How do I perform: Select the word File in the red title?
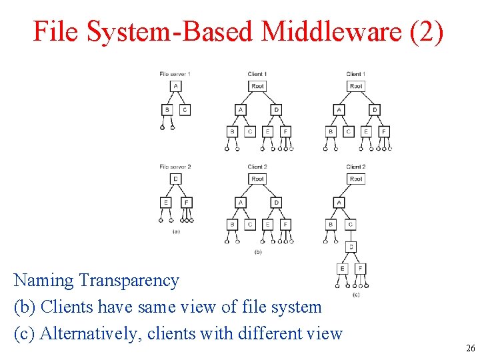(54, 31)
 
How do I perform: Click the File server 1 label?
(175, 73)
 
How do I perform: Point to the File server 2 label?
(175, 166)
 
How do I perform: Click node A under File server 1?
(175, 86)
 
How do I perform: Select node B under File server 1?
(167, 110)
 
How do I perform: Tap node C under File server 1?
(185, 110)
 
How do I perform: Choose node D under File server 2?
(175, 179)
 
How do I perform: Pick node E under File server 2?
(166, 203)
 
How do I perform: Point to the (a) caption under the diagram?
(175, 231)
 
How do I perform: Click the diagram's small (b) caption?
(258, 253)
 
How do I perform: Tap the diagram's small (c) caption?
(356, 294)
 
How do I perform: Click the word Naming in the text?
(44, 281)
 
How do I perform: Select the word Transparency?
(129, 281)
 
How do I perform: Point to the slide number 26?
(471, 349)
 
